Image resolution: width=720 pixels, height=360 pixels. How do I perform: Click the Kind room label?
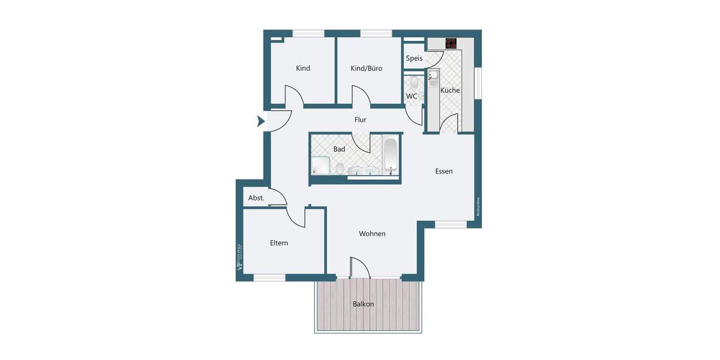[303, 68]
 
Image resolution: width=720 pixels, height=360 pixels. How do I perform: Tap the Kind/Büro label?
[367, 68]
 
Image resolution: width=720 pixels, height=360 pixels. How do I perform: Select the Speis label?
[414, 58]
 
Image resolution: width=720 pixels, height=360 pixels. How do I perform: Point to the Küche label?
[450, 90]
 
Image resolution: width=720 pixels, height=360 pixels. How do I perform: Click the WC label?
[412, 96]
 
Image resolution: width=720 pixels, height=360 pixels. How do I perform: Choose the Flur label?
[360, 120]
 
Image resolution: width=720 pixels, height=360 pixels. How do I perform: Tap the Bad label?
[339, 148]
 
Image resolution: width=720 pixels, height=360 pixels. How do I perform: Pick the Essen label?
[444, 171]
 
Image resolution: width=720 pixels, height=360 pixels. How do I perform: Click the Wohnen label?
[372, 233]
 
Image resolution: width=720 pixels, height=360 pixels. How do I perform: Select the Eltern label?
[279, 243]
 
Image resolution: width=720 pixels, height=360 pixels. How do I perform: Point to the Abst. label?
[256, 198]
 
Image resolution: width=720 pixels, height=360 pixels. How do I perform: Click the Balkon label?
[363, 304]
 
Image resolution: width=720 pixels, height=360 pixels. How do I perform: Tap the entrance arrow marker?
[261, 121]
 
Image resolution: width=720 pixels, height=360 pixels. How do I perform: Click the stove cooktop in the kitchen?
[451, 43]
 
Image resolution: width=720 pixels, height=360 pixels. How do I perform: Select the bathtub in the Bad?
[390, 155]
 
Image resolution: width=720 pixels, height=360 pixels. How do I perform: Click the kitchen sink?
[433, 77]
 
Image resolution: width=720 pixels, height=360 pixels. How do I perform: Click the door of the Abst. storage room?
[278, 197]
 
